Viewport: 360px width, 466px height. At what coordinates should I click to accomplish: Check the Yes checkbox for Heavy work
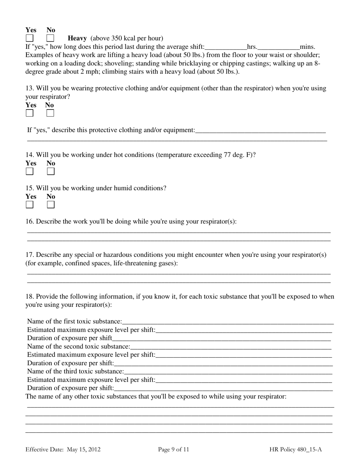click(x=30, y=38)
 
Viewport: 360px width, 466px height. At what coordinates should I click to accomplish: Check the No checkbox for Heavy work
click(x=50, y=38)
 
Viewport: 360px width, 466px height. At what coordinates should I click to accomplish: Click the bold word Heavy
click(x=77, y=38)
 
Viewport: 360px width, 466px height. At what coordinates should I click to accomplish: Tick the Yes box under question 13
click(x=30, y=113)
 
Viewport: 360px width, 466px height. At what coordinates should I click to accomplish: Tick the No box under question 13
click(x=50, y=113)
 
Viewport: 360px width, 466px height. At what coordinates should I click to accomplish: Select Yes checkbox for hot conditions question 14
click(x=30, y=172)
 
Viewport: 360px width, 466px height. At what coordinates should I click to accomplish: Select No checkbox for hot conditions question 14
click(x=51, y=172)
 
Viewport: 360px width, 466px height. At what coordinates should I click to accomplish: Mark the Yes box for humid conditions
click(x=30, y=205)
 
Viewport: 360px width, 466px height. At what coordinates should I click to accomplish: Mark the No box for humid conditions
click(x=51, y=205)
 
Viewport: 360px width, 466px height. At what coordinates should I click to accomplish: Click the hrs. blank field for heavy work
click(x=225, y=47)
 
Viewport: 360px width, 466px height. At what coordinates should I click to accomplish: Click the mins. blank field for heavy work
click(x=279, y=47)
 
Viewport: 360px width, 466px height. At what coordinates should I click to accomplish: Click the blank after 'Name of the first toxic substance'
click(x=227, y=322)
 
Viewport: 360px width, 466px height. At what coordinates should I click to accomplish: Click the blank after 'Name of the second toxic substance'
click(x=230, y=347)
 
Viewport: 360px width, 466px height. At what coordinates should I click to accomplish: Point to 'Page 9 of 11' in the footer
click(x=174, y=450)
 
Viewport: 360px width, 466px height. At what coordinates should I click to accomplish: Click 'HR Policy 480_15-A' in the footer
click(x=296, y=450)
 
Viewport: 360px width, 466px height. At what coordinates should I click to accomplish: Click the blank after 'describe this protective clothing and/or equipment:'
click(x=260, y=130)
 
